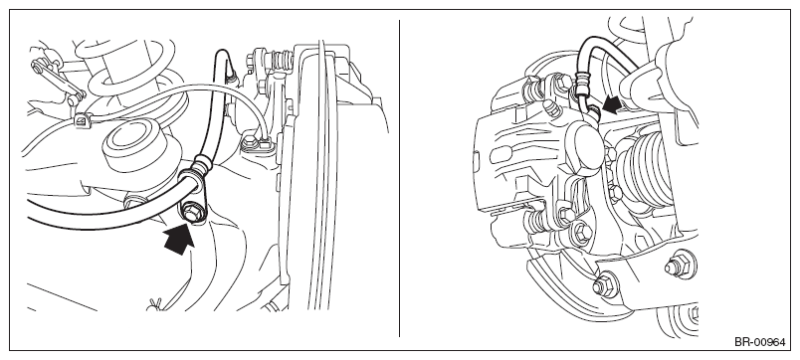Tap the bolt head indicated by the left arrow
tap(193, 212)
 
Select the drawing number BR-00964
tap(759, 342)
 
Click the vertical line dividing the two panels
tap(399, 178)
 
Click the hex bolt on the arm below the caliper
tap(606, 284)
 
